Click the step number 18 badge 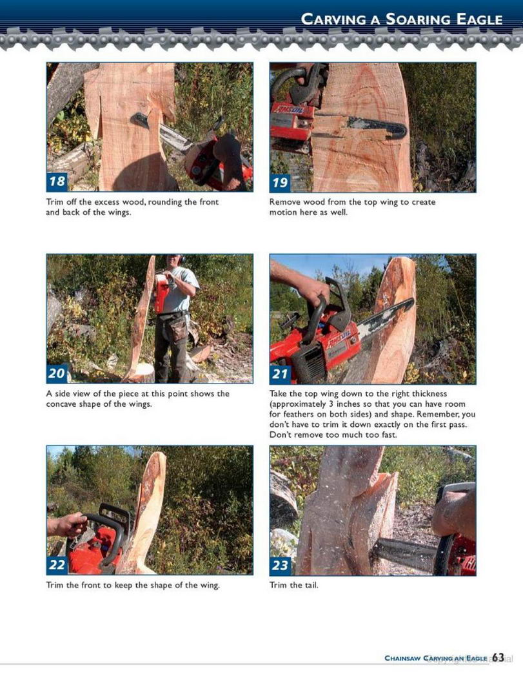click(57, 181)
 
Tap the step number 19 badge click(280, 182)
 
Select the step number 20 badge click(57, 373)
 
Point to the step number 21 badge click(280, 374)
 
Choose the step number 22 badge click(57, 565)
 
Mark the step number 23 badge click(280, 565)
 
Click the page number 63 click(498, 658)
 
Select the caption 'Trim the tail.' click(293, 586)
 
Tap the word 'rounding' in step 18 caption click(164, 202)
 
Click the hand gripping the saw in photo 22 click(67, 526)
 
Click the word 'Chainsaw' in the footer click(402, 658)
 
